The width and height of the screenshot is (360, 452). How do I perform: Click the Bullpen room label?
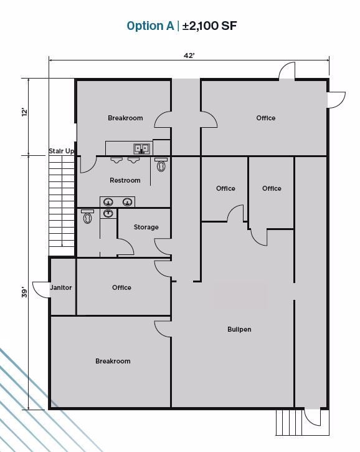pos(239,329)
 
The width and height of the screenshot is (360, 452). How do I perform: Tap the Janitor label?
pos(61,287)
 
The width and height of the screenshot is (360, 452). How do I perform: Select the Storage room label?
pos(146,227)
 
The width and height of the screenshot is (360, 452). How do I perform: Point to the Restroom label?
pos(125,180)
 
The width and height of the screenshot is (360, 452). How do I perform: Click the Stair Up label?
pos(62,151)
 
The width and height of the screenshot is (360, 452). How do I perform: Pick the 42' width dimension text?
pos(189,55)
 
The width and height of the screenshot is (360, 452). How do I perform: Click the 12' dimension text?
pos(24,112)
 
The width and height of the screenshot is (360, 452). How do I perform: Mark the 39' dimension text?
pos(24,292)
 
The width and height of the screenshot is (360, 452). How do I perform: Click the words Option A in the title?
pos(150,26)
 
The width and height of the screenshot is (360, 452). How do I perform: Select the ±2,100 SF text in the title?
pos(211,26)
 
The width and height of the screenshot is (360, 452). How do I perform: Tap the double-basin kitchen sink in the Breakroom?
pos(141,148)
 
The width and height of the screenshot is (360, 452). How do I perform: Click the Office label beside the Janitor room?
pos(121,287)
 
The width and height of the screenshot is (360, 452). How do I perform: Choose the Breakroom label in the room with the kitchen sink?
pos(125,118)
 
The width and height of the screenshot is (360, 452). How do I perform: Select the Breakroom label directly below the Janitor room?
pos(113,361)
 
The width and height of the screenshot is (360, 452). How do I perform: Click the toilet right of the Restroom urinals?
pos(162,165)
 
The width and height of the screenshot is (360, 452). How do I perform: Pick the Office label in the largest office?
pos(265,118)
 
